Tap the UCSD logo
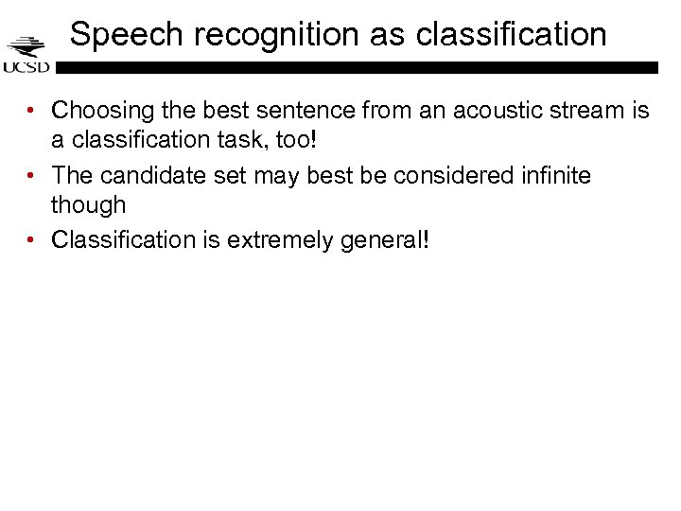point(26,54)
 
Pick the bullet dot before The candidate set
point(32,177)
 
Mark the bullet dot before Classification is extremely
point(32,240)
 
